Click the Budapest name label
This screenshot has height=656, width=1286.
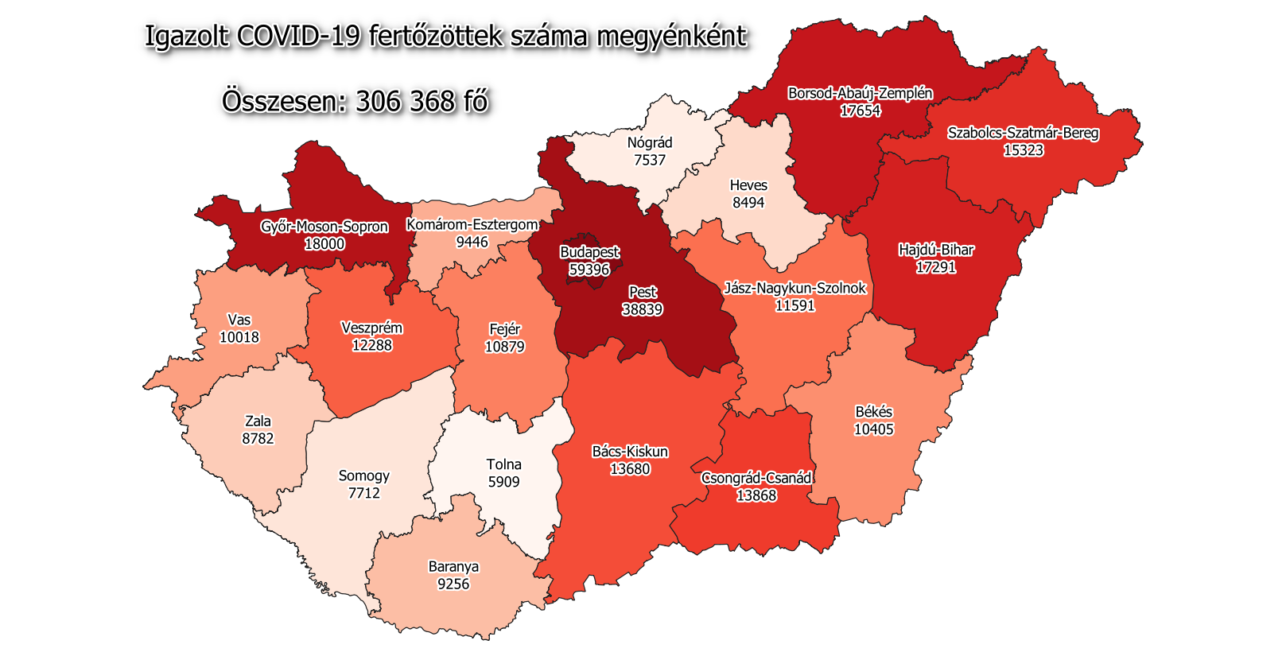(x=589, y=252)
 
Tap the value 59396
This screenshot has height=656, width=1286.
(x=589, y=270)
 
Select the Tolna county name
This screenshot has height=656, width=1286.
(x=503, y=464)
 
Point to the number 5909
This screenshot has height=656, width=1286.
(x=503, y=482)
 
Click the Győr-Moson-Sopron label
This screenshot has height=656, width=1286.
(x=324, y=227)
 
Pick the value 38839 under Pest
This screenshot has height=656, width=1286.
(x=642, y=309)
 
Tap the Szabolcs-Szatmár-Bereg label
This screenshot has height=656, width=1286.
(x=1023, y=133)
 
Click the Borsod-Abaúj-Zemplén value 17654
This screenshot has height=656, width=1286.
(x=860, y=111)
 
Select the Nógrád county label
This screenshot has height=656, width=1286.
(x=650, y=142)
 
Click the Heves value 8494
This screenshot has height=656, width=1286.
(x=748, y=203)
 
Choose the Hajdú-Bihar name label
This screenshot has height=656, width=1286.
(x=936, y=250)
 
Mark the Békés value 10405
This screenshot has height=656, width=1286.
(x=873, y=429)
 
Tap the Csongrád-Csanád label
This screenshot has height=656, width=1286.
(x=756, y=478)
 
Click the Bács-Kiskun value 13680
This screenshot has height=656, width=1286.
(x=630, y=469)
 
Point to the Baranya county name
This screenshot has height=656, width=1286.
(x=453, y=567)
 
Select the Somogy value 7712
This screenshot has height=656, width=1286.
(x=364, y=493)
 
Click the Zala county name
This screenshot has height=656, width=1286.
(x=258, y=421)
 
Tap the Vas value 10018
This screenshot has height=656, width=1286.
(x=239, y=337)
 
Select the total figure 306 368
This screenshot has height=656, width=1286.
(x=405, y=102)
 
